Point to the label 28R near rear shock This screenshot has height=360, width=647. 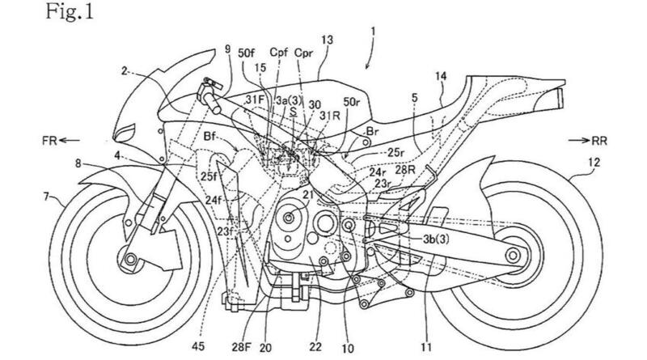(407, 169)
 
